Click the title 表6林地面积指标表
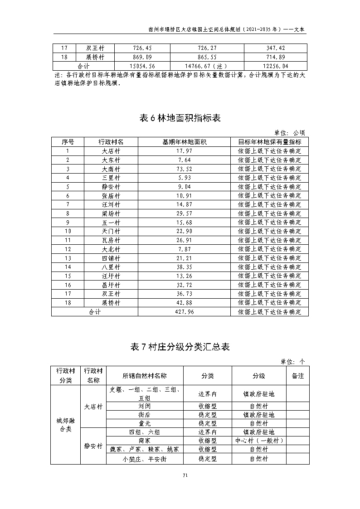click(x=180, y=118)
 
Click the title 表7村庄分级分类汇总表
click(x=180, y=347)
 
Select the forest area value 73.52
click(x=185, y=169)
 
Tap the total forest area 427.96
click(x=185, y=312)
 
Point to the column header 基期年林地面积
click(x=185, y=142)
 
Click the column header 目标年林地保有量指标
click(x=269, y=142)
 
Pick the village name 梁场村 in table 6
click(x=111, y=213)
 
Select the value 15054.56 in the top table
click(x=142, y=66)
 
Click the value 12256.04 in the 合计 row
click(x=276, y=66)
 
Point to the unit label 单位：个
click(x=293, y=361)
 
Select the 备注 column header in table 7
click(x=298, y=376)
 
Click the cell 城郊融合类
click(x=66, y=425)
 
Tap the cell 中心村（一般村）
click(x=259, y=441)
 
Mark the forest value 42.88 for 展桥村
click(x=185, y=303)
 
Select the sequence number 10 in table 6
click(x=68, y=232)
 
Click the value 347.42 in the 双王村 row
click(x=276, y=48)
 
